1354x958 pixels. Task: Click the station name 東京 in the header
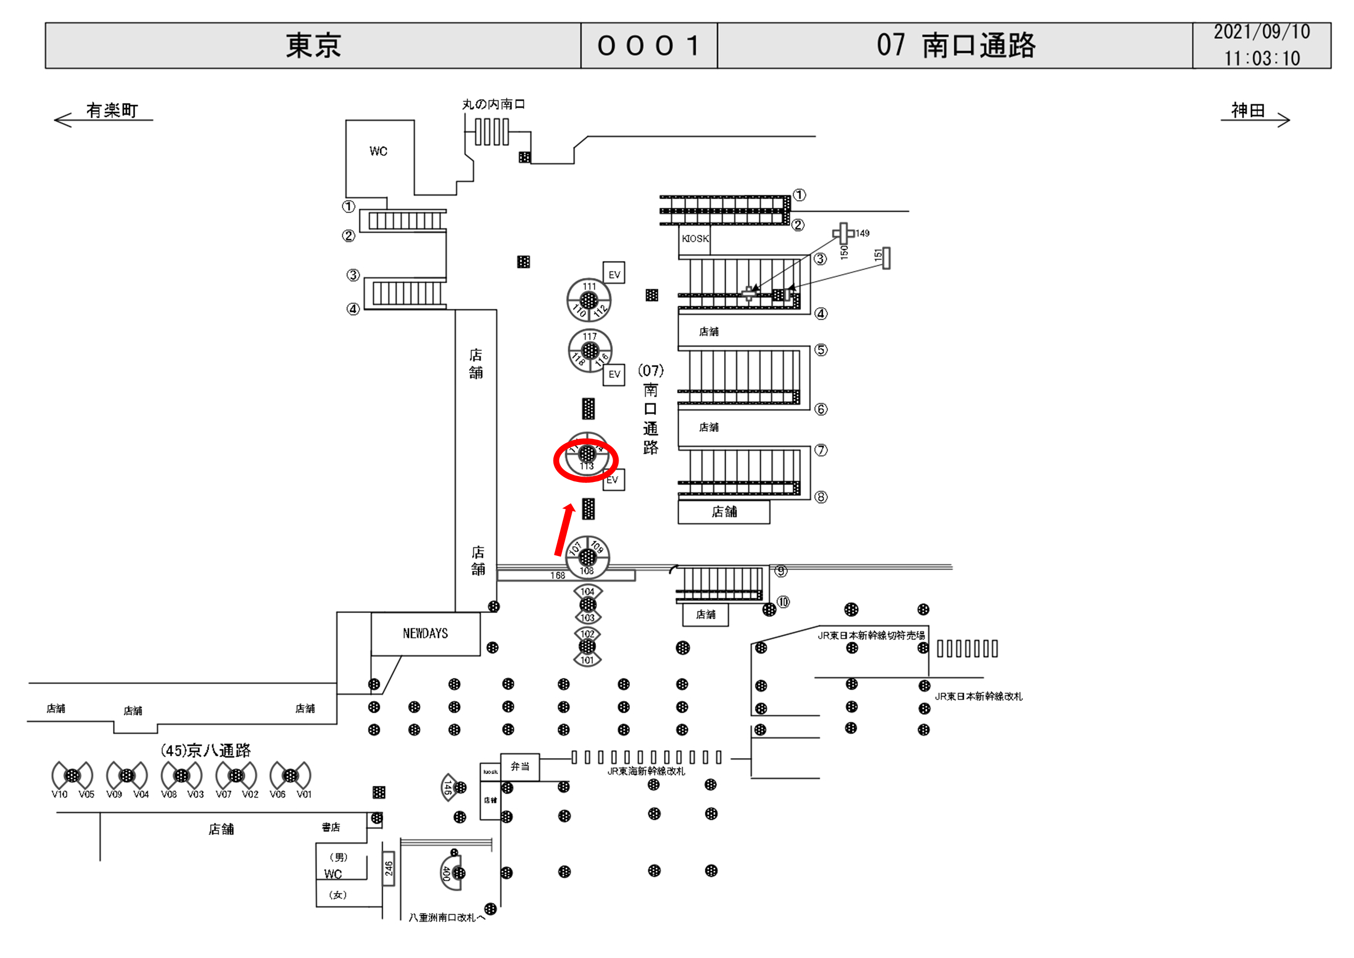313,45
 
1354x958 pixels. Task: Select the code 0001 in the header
649,45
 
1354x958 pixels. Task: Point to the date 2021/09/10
1261,32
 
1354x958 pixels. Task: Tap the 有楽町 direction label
111,111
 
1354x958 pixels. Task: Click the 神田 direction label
1248,111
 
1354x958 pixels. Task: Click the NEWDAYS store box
425,633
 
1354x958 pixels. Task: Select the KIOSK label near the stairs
695,238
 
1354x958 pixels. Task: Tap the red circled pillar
586,460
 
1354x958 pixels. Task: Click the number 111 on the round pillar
589,287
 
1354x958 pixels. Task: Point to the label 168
557,575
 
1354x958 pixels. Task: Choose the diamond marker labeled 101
587,660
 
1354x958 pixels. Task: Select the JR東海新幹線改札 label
646,771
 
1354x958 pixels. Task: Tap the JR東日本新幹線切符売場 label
871,635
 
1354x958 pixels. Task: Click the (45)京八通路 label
206,750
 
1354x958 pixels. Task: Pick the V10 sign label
60,794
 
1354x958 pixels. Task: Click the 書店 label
331,827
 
